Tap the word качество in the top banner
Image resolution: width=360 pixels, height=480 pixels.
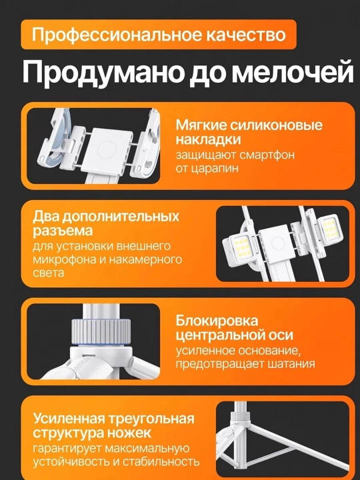pyautogui.click(x=246, y=34)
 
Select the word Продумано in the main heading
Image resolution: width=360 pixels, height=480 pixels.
pyautogui.click(x=103, y=73)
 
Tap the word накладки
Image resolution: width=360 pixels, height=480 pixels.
pyautogui.click(x=208, y=139)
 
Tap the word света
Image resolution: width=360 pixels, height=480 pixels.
pyautogui.click(x=49, y=273)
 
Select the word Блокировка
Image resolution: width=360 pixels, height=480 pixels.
pyautogui.click(x=217, y=321)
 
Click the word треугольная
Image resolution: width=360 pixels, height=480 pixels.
pyautogui.click(x=152, y=419)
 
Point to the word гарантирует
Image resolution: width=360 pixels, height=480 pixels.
pyautogui.click(x=67, y=449)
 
